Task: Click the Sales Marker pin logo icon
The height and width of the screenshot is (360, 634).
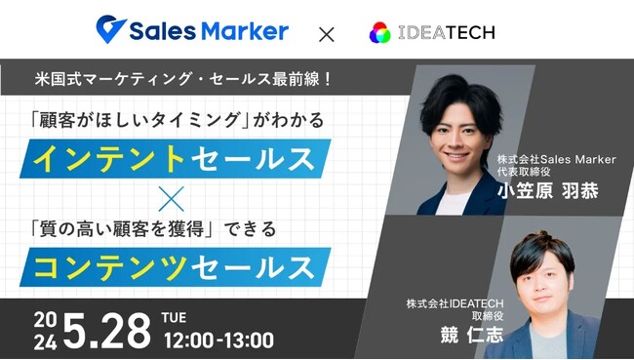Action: point(110,29)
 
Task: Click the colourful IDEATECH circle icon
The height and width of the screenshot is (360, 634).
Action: point(379,32)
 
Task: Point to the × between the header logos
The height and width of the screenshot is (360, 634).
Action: point(326,33)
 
